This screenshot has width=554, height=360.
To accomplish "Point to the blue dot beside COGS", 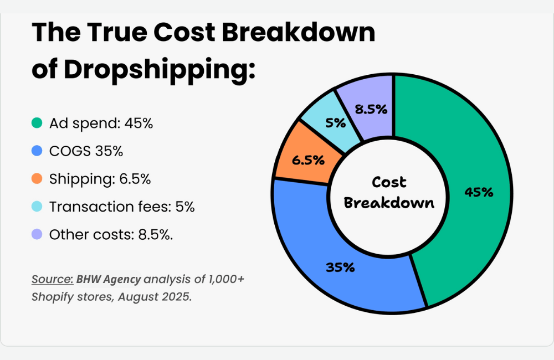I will (37, 151).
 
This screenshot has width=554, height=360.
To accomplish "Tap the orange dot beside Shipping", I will (37, 179).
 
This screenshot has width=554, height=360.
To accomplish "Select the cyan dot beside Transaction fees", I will (37, 207).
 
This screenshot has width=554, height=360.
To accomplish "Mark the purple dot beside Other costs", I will (37, 234).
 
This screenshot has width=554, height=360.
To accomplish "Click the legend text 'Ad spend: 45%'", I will (101, 124).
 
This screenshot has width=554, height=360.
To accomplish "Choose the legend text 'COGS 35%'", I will (86, 151).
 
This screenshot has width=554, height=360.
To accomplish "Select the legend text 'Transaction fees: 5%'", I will (122, 207).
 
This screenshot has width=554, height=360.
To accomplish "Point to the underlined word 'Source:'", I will (53, 279).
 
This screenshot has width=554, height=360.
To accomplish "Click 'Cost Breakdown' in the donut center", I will (389, 192).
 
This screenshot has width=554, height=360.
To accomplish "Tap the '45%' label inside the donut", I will (479, 192).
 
